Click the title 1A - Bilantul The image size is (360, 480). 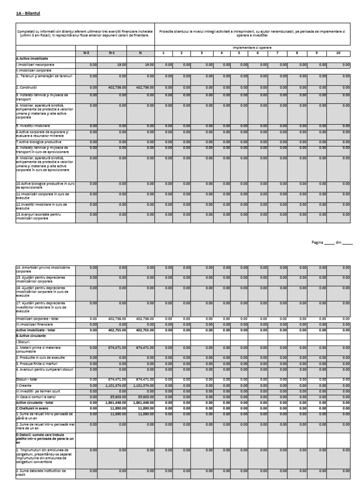(x=29, y=14)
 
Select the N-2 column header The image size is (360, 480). (x=86, y=53)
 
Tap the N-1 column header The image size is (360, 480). (x=112, y=53)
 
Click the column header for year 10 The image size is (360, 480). (x=338, y=53)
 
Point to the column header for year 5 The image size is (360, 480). (x=239, y=53)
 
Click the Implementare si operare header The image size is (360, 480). (x=252, y=48)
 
